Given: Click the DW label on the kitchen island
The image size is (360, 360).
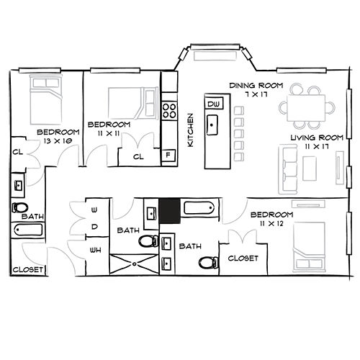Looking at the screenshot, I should pos(212,104).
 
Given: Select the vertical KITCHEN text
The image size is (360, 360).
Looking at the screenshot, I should pos(190,130).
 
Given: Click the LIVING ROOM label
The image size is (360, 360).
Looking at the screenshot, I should pos(315,138).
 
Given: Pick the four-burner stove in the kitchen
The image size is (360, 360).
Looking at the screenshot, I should pos(170,111).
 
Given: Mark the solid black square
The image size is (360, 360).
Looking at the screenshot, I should pos(169,211).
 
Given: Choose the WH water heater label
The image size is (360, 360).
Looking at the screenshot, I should pos(95,251).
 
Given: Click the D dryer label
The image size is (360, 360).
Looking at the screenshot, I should pos(95,227).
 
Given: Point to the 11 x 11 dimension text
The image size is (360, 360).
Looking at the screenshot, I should pos(109,134).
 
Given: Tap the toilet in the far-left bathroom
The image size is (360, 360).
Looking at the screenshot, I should pos(19,207).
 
